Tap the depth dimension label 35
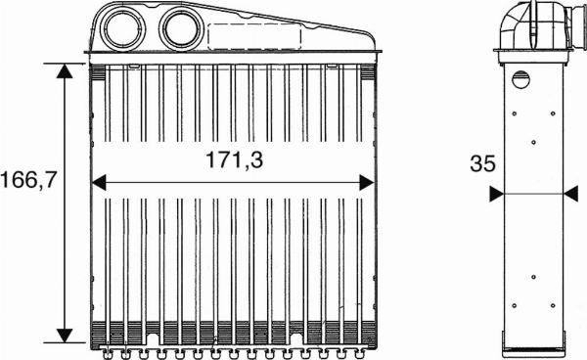point(482,163)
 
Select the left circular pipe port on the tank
point(123,28)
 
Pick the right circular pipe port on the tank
point(180,27)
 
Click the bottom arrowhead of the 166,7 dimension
point(65,335)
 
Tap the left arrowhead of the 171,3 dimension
point(98,182)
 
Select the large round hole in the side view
point(519,78)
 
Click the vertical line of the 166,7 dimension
point(65,245)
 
